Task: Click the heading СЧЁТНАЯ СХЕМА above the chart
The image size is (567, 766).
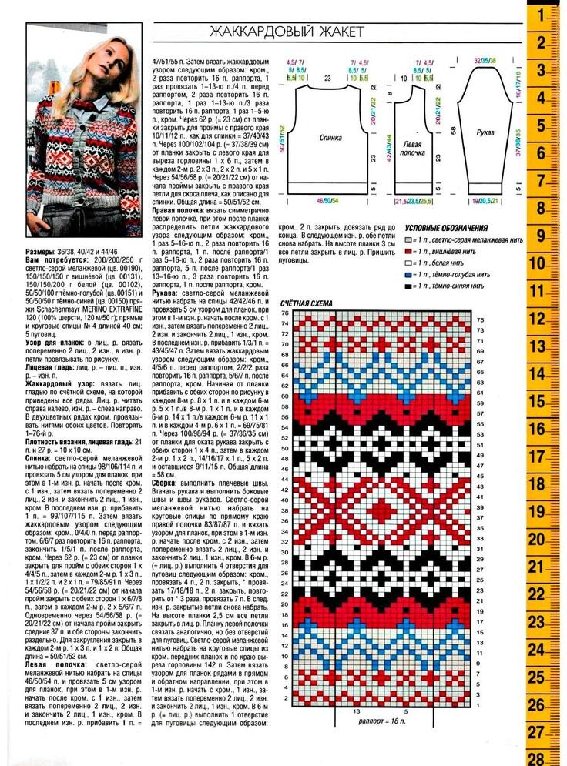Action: click(307, 303)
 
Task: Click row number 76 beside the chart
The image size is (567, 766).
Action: click(285, 314)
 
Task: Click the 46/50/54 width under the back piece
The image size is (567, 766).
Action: click(328, 200)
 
